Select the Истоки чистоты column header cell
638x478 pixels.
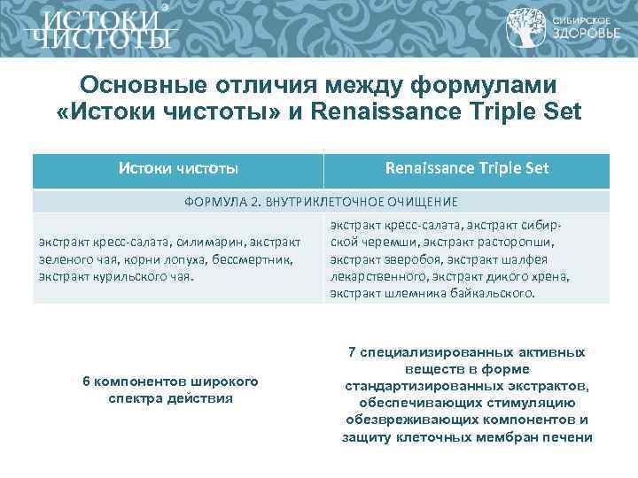178,167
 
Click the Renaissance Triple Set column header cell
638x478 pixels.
467,167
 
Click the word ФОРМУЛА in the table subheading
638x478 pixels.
211,202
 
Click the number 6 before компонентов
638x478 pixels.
85,382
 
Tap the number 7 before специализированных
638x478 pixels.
352,352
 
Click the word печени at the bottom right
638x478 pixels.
572,436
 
